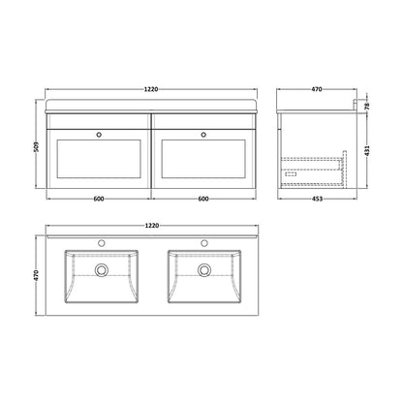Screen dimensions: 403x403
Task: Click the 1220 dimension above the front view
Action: coord(151,89)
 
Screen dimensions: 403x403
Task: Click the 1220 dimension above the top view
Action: coord(152,226)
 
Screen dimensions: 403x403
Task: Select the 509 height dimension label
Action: coord(37,147)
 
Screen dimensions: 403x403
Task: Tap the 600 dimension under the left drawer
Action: coord(99,199)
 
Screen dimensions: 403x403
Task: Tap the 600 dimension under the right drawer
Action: coord(203,199)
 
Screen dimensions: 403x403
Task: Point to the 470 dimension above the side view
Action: coord(317,89)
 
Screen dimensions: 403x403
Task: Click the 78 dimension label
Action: coord(367,107)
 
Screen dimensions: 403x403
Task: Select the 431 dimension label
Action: coord(367,149)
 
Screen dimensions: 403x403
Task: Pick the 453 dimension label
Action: coord(318,199)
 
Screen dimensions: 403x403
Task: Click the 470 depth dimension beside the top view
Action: coord(37,275)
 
